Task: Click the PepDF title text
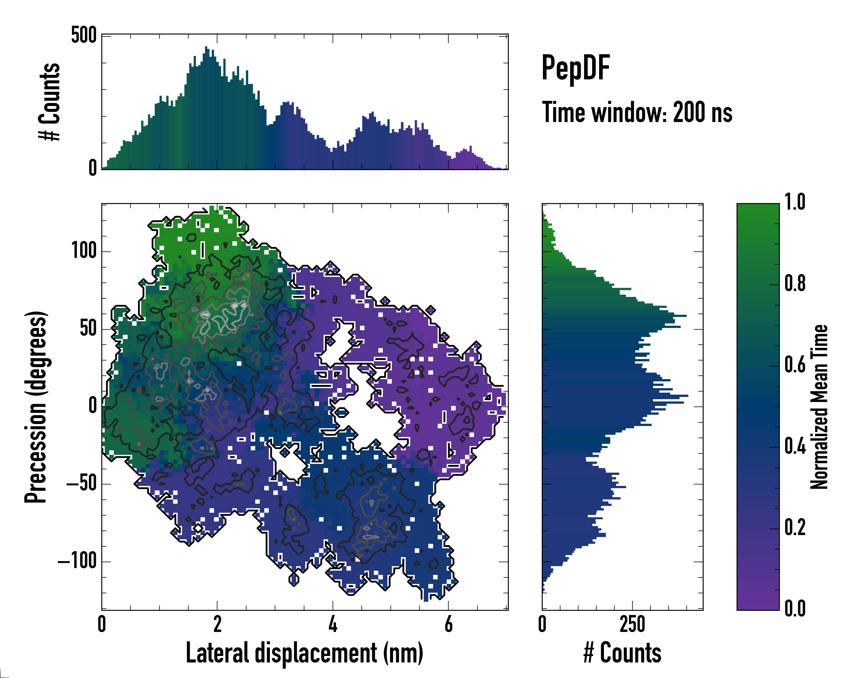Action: [575, 68]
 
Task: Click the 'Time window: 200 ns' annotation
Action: [637, 113]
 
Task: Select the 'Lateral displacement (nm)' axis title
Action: [304, 653]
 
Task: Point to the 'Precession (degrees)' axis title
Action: [36, 407]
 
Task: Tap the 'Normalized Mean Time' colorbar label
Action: [819, 407]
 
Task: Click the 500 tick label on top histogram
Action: [84, 35]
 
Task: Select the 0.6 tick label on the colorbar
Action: [795, 365]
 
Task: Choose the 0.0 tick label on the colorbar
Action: [795, 609]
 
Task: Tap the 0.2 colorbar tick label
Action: [795, 527]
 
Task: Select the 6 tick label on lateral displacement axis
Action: [448, 624]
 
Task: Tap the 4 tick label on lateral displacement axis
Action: [333, 624]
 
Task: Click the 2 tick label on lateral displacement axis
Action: [217, 624]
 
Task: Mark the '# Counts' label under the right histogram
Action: [622, 653]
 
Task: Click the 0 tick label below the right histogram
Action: [542, 624]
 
